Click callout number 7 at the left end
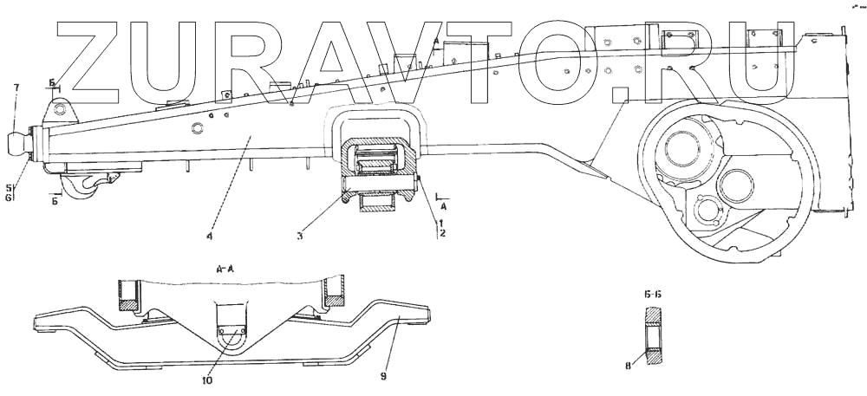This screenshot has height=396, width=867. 15,88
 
